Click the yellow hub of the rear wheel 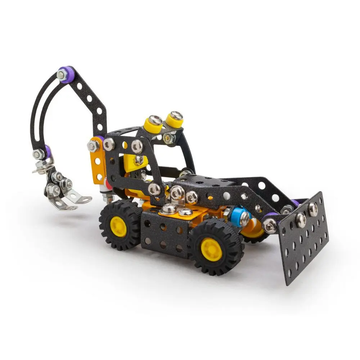coord(118,226)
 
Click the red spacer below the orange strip coord(107,185)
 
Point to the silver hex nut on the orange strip coord(93,146)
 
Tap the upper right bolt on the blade coord(312,209)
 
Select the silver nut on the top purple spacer coord(62,75)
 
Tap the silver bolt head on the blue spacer coord(244,217)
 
